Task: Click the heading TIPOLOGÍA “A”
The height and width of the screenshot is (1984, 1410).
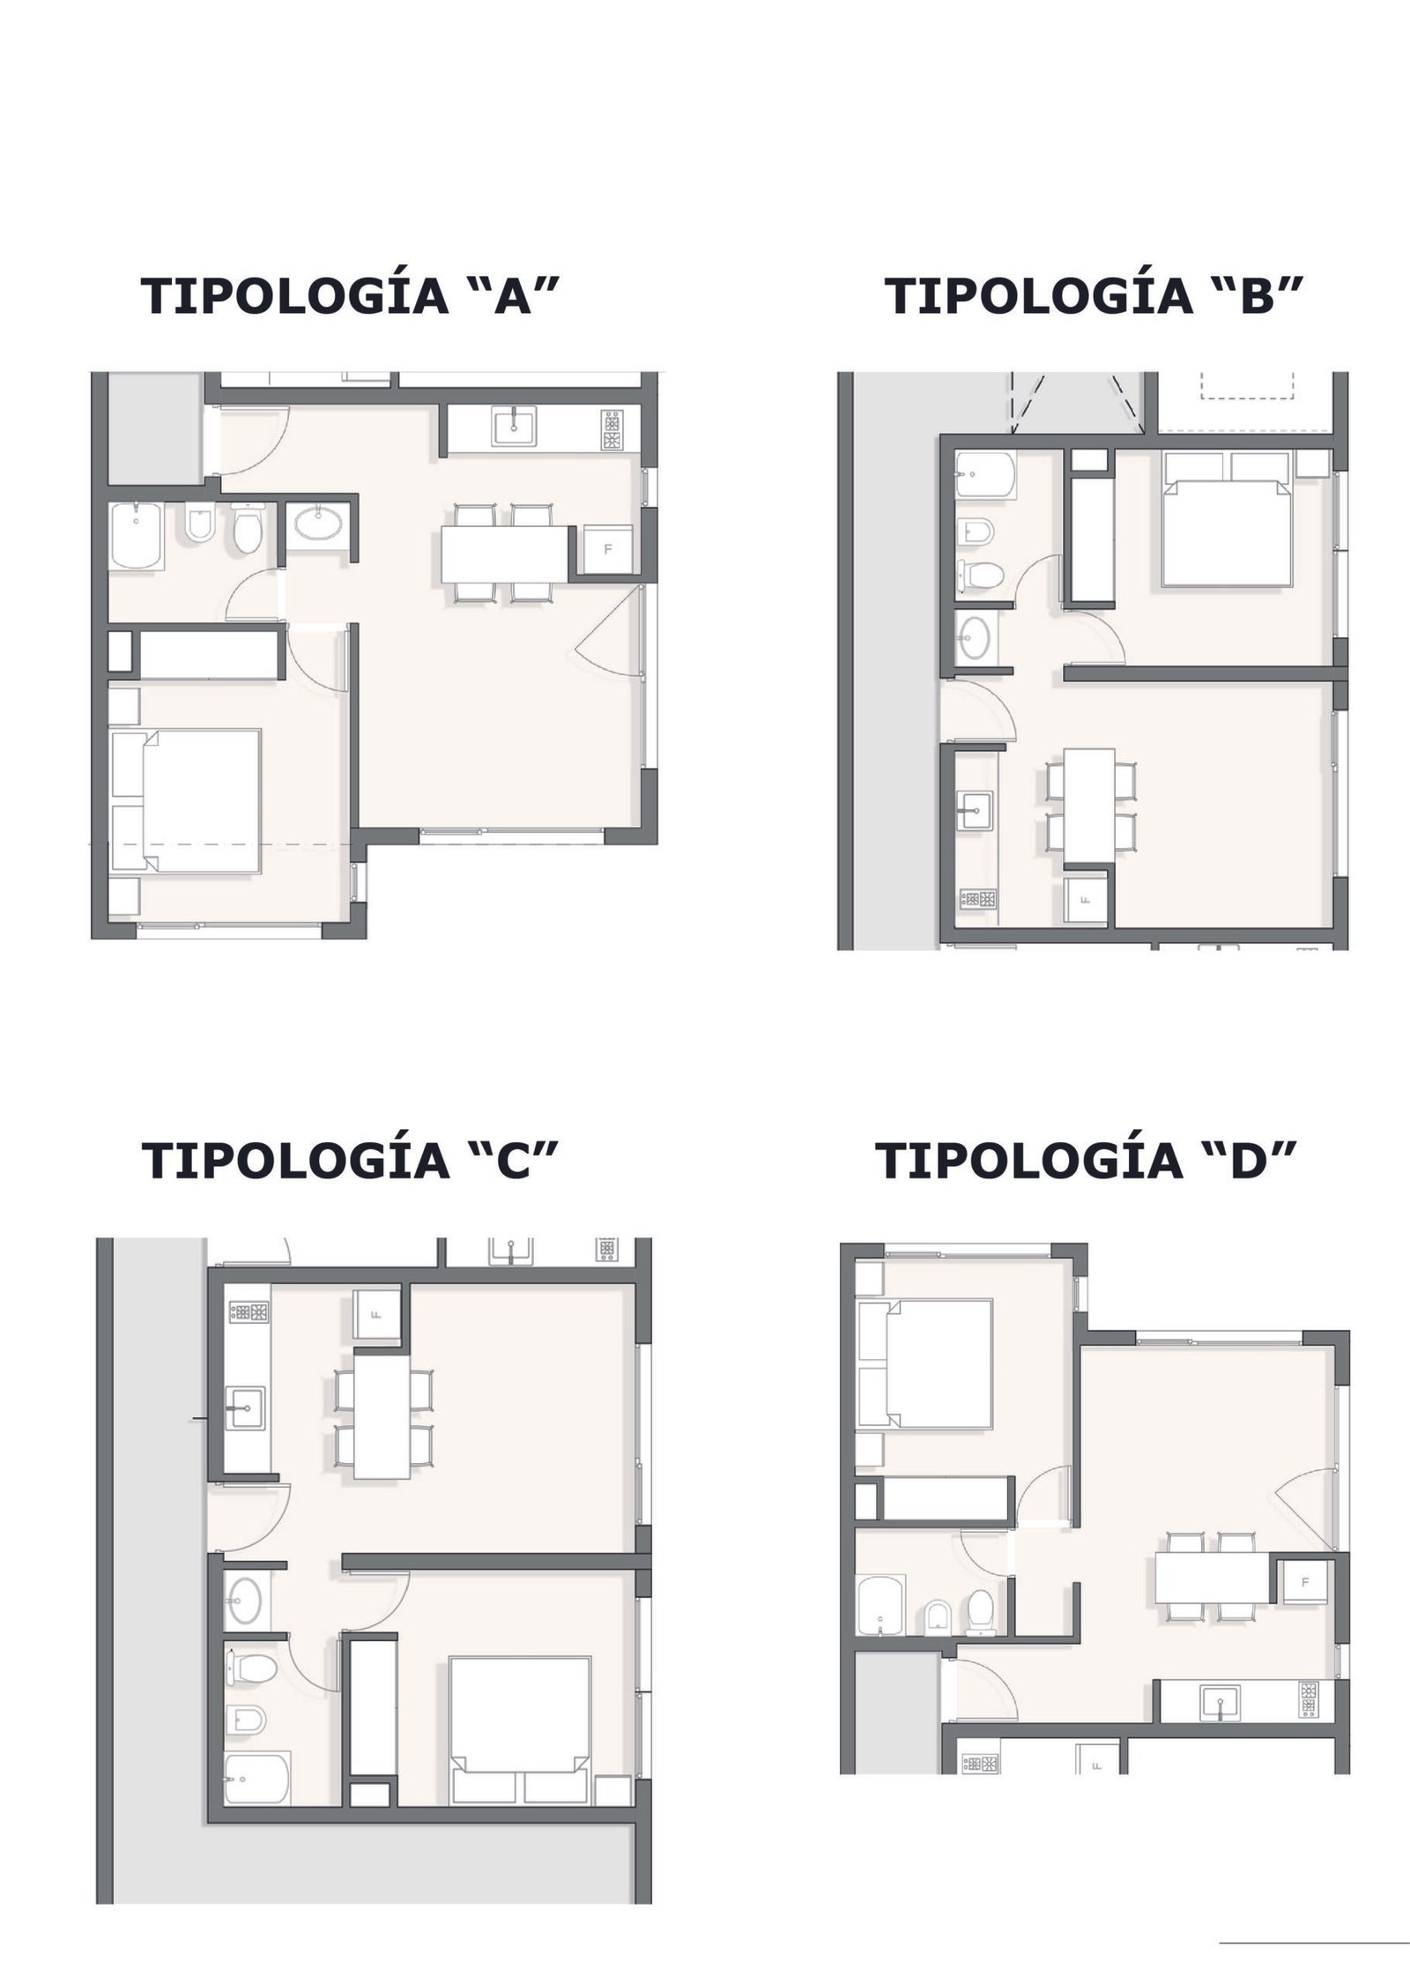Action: click(352, 295)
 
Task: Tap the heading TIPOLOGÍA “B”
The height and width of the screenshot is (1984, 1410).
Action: click(1094, 295)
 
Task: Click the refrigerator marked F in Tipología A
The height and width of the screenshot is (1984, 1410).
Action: click(605, 549)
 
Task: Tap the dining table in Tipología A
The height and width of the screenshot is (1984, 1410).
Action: click(504, 554)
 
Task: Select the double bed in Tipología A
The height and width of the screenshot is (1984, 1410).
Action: click(187, 801)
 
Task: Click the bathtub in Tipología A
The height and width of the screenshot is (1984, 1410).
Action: click(137, 537)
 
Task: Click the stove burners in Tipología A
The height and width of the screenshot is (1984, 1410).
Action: click(612, 431)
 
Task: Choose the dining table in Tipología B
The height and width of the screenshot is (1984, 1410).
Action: click(1088, 805)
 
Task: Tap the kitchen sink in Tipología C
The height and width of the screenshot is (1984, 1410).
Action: click(247, 1434)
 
